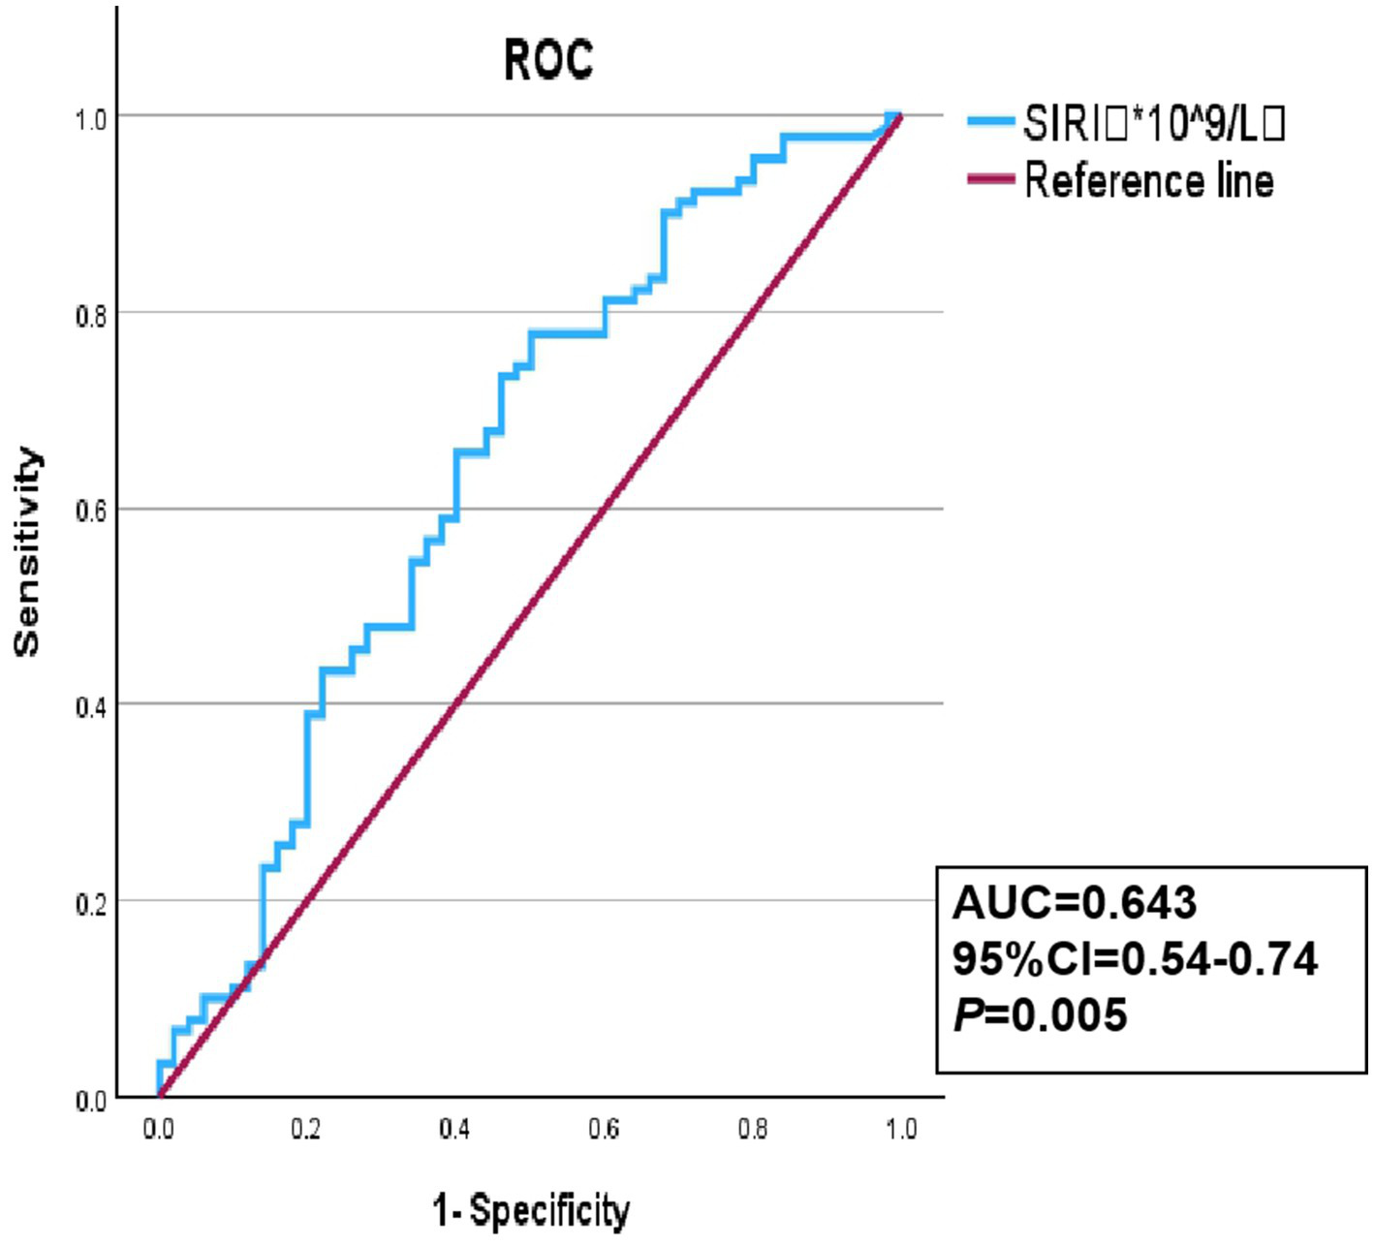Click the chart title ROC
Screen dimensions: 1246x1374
[547, 60]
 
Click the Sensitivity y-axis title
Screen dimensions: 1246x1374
[27, 552]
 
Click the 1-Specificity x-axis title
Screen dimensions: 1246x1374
[531, 1211]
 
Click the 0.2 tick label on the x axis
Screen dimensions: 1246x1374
[306, 1130]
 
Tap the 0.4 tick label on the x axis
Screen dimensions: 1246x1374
[454, 1130]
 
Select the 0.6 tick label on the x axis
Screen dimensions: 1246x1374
[604, 1130]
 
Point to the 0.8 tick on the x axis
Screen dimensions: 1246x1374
[753, 1130]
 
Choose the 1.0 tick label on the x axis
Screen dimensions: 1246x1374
[901, 1130]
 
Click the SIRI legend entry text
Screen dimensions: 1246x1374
[1153, 123]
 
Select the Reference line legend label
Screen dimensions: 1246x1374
[1148, 181]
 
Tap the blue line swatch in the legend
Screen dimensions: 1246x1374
[990, 121]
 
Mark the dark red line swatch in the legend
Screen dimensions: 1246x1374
[990, 179]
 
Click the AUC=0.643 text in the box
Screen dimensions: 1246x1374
[1075, 903]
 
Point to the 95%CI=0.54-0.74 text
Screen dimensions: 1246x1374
[1135, 959]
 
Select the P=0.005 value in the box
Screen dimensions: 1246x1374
[1041, 1015]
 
